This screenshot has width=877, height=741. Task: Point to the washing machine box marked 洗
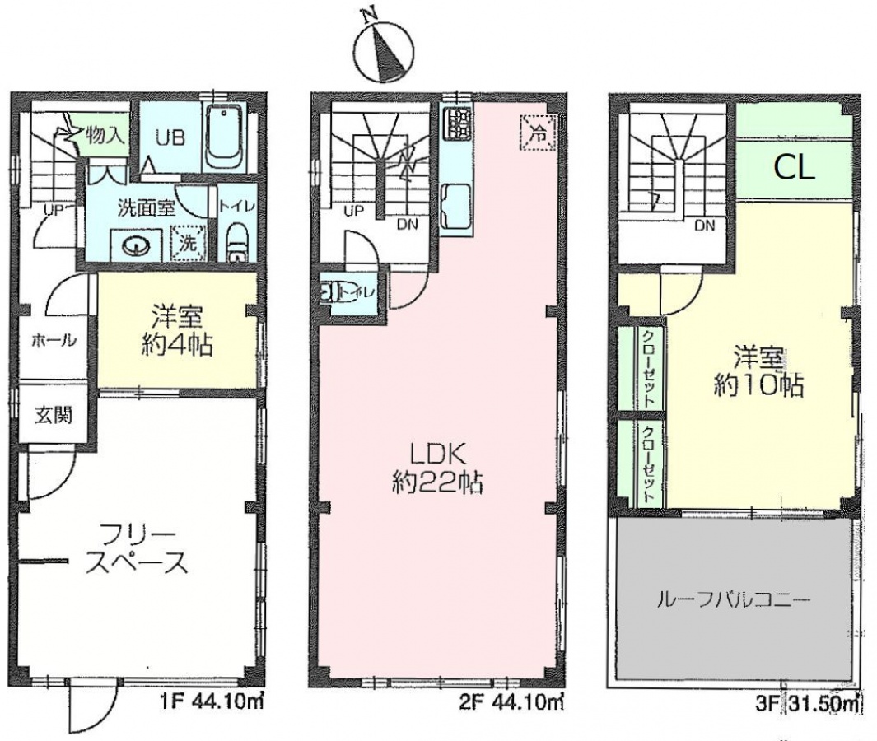(188, 242)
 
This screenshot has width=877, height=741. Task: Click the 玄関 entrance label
(54, 415)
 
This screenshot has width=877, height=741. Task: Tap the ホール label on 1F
(54, 339)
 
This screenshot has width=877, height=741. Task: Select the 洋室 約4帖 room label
(175, 331)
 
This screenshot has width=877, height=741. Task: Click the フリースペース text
(137, 549)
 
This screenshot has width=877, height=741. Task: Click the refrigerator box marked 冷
(538, 132)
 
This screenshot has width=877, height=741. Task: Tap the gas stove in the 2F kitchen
(458, 124)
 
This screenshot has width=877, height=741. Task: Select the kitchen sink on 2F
(456, 204)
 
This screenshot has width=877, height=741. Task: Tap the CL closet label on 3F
(794, 166)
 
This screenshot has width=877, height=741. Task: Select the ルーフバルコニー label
(733, 601)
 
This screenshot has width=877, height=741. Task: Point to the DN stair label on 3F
(705, 226)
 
